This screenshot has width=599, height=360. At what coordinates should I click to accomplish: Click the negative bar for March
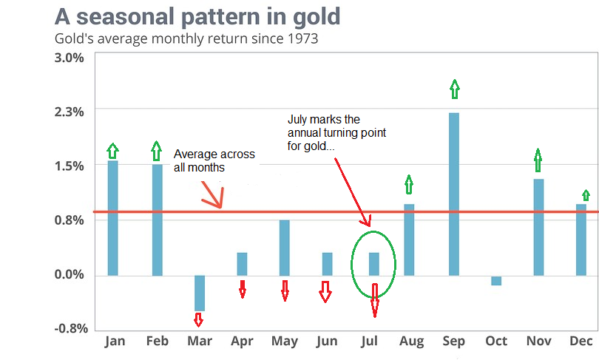(x=199, y=293)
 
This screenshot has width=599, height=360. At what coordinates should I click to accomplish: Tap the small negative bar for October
(x=496, y=280)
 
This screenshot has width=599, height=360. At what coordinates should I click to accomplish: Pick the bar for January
(x=112, y=218)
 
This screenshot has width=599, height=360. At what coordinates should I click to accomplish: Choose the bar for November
(x=538, y=227)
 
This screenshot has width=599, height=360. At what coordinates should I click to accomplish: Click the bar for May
(x=285, y=248)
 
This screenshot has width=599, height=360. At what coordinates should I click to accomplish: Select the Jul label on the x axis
(x=370, y=341)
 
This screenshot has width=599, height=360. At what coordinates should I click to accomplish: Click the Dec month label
(x=582, y=341)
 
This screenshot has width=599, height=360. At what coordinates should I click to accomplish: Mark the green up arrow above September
(x=454, y=89)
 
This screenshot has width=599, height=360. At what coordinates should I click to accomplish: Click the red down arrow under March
(x=198, y=319)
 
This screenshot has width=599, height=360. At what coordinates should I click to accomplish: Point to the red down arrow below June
(x=325, y=292)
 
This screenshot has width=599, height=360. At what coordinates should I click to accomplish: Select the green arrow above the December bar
(x=586, y=195)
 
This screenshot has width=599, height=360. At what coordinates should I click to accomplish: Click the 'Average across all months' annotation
(x=214, y=161)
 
